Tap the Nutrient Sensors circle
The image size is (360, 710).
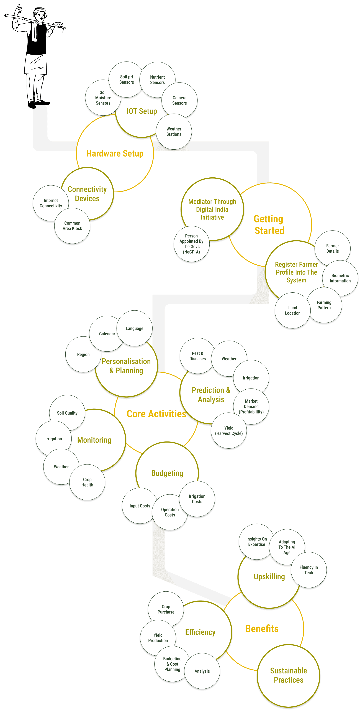pos(157,80)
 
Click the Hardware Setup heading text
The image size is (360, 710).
pos(115,154)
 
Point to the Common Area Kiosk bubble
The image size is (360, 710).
pos(72,226)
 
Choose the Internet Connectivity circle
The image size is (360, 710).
pos(51,203)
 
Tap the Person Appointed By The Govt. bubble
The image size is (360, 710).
pos(191,244)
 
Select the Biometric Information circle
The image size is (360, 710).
pos(340,278)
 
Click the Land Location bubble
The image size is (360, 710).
pos(292,310)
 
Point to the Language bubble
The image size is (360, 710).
pos(134,328)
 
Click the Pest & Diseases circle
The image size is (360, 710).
pos(197,356)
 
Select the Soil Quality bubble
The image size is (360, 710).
pos(67,413)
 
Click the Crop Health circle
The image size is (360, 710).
pos(87,482)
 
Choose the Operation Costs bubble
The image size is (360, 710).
pos(170,512)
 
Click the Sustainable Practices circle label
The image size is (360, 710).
pos(288,675)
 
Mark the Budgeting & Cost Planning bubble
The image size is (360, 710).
pos(172,664)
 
